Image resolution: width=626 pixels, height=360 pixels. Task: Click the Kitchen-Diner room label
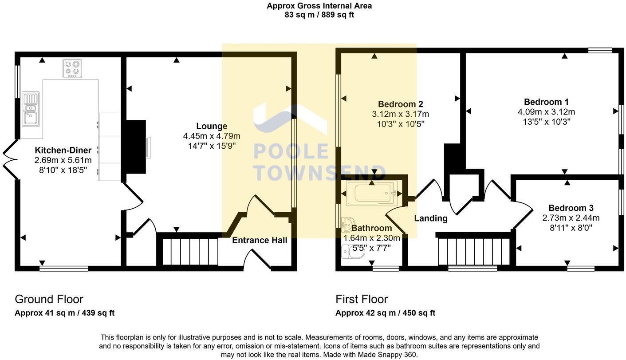[63, 150]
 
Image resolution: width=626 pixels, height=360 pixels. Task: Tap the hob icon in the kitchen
[72, 68]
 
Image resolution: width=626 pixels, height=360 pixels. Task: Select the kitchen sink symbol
[30, 109]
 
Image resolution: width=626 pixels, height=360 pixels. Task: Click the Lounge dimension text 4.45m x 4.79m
[212, 136]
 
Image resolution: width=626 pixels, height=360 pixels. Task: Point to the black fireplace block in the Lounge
[136, 146]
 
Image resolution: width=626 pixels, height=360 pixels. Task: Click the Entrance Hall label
[260, 241]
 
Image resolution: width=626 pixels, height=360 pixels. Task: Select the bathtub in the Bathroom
[371, 193]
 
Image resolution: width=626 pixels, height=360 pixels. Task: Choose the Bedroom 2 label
[400, 104]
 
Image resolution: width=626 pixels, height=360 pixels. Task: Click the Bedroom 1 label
[546, 102]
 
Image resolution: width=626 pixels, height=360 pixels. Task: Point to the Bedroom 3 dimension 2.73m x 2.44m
[571, 218]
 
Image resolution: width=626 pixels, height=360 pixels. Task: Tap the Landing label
[430, 218]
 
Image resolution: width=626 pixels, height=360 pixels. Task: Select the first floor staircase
[474, 251]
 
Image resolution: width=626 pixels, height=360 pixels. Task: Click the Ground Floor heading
[49, 299]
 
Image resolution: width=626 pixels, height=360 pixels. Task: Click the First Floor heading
[362, 299]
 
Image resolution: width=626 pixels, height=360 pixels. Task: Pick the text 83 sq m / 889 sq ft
[319, 15]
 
